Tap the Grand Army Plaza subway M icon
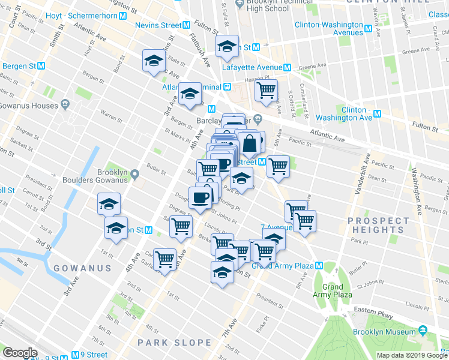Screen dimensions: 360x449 (x=320, y=265)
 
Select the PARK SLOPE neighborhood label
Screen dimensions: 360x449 (x=174, y=343)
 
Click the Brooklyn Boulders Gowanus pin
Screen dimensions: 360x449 (x=136, y=175)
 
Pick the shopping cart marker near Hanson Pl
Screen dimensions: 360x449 (x=266, y=90)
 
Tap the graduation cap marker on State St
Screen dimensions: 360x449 (x=154, y=60)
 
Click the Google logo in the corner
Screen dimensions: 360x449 (x=20, y=353)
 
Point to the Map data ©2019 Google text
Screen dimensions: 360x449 (x=412, y=355)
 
